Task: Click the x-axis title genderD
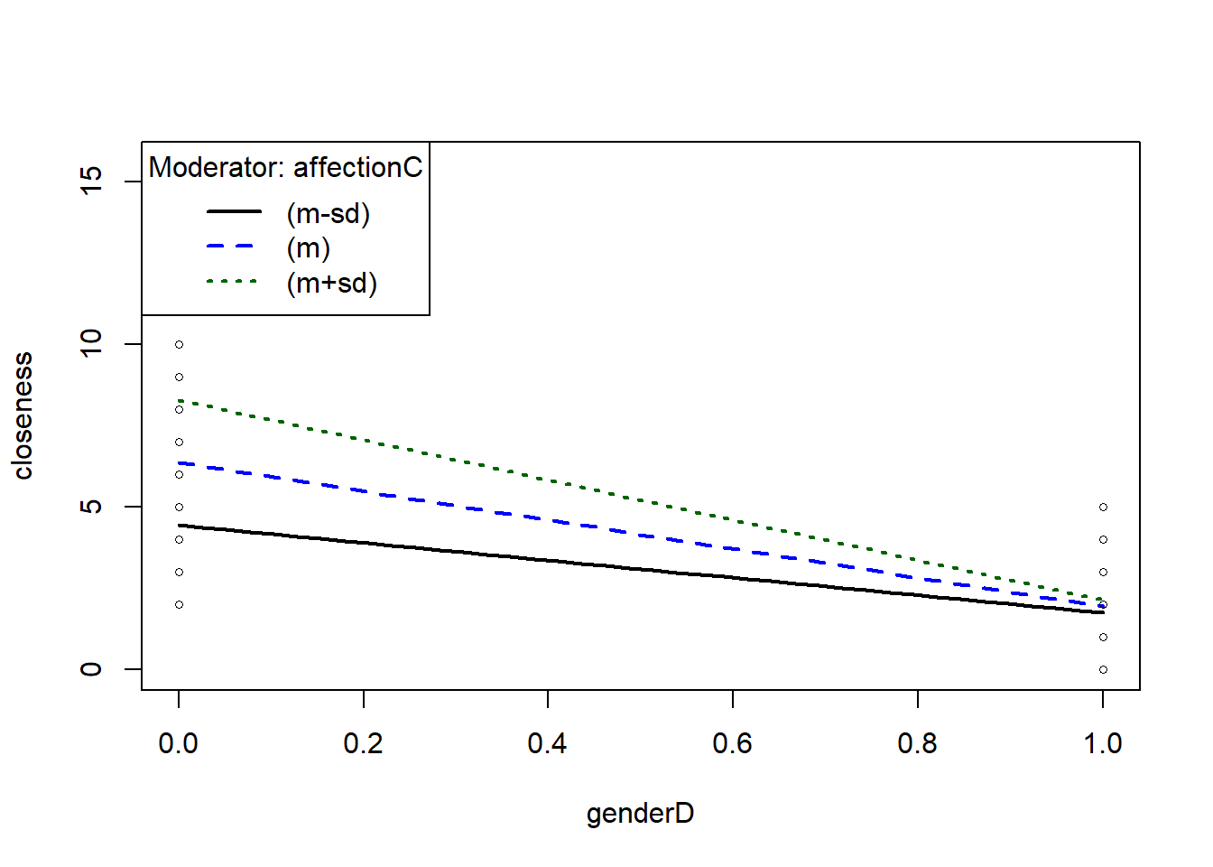pos(640,814)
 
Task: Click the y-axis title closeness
pos(23,415)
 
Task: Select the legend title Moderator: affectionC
pos(285,167)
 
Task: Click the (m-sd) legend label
pos(329,214)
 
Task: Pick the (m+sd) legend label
pos(331,284)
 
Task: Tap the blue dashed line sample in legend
pos(233,247)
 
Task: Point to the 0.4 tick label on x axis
pos(547,743)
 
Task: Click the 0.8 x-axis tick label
pos(917,743)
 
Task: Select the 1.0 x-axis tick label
pos(1102,743)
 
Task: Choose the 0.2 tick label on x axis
pos(363,743)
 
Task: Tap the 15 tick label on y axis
pos(91,181)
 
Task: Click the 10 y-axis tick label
pos(91,343)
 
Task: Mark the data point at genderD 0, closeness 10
pos(179,344)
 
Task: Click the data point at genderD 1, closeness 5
pos(1103,507)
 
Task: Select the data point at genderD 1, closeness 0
pos(1103,669)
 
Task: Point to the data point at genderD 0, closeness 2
pos(179,604)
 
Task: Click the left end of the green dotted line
pos(180,400)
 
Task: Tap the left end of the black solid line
pos(180,525)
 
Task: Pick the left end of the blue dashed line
pos(180,462)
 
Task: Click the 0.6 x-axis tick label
pos(732,743)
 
